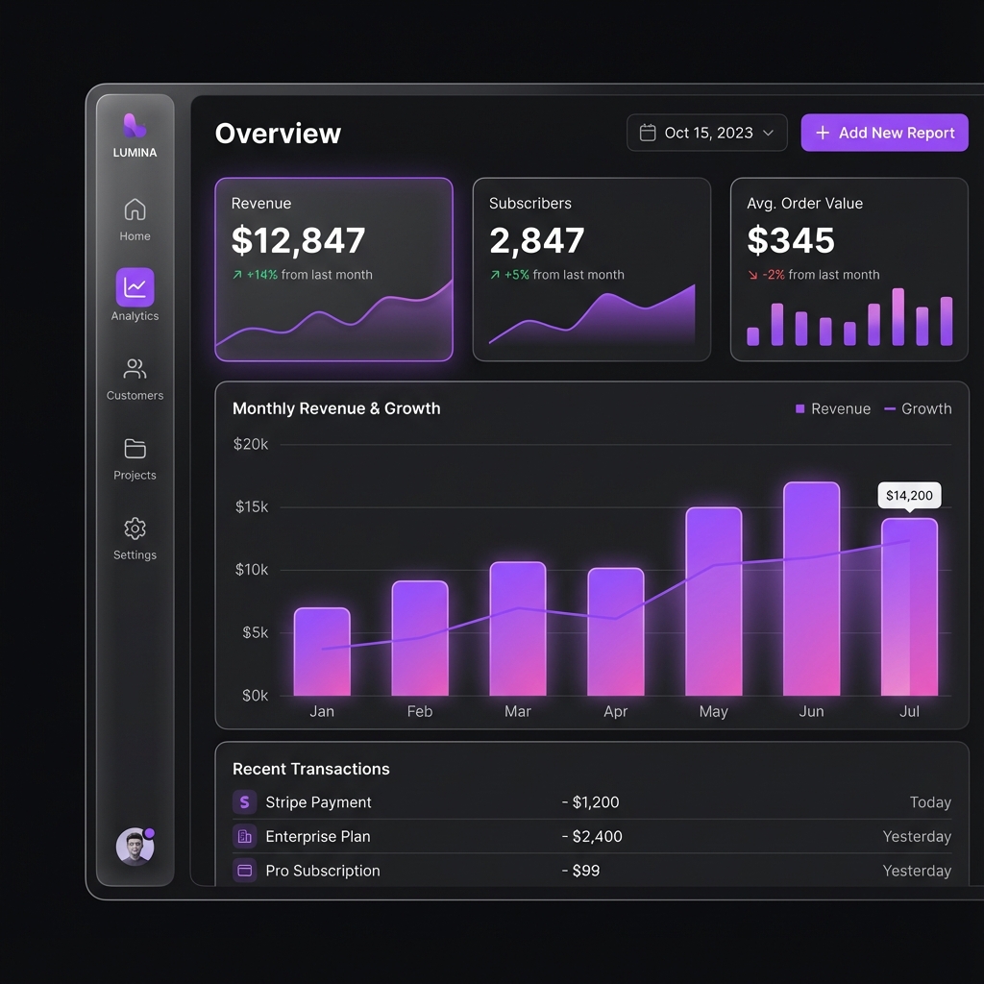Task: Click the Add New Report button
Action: (884, 133)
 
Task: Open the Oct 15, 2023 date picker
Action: (706, 133)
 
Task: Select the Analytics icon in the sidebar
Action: (135, 286)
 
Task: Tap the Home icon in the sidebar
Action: (135, 209)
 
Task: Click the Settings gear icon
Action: (135, 529)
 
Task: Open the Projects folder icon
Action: (135, 449)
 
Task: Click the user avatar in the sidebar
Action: (135, 847)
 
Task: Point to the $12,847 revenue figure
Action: (298, 240)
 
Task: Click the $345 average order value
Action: (791, 240)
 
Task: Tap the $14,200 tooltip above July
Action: (909, 496)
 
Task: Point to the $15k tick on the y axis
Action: (252, 506)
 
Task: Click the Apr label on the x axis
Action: (615, 711)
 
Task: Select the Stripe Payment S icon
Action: (244, 802)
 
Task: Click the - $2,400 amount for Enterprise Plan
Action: (592, 836)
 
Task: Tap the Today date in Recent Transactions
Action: (930, 802)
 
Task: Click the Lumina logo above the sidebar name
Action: (135, 125)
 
